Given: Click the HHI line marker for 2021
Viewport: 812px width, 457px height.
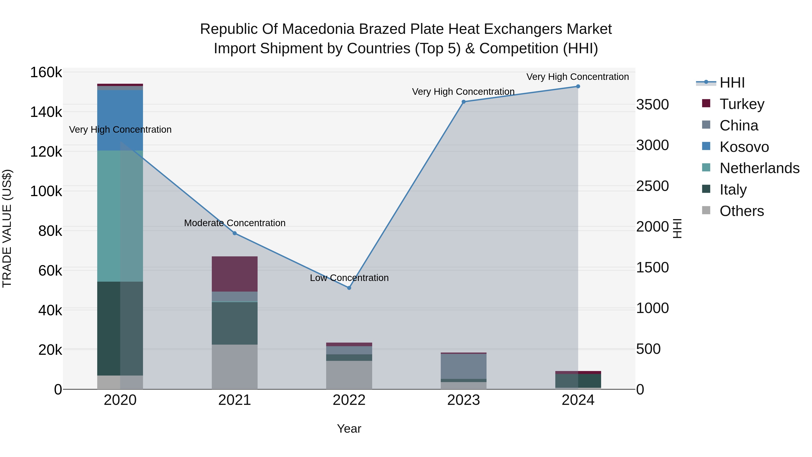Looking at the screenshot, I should [x=235, y=233].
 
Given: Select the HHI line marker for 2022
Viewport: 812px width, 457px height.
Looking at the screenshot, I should [x=349, y=288].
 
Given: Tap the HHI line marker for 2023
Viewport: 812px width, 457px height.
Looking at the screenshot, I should [x=463, y=102].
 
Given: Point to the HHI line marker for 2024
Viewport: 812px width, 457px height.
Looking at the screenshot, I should [x=578, y=86].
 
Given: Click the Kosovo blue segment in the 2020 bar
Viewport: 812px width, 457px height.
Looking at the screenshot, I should [x=120, y=120].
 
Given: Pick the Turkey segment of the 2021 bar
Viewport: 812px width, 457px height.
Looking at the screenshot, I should [x=235, y=274].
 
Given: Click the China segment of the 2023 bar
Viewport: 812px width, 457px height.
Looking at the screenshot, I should [x=463, y=366].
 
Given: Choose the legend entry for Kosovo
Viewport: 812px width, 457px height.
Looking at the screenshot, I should [x=744, y=147].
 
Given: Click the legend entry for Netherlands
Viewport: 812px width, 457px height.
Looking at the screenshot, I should [x=759, y=168].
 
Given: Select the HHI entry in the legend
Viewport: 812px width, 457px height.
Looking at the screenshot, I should [x=732, y=83].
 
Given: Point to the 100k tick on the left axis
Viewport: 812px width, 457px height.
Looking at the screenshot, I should [x=46, y=191].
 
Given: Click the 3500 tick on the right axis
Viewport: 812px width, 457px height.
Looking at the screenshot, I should [x=652, y=104].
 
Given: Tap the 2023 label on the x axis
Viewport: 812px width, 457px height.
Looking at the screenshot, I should [x=463, y=400].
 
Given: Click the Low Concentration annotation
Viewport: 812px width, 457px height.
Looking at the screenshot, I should [x=349, y=278].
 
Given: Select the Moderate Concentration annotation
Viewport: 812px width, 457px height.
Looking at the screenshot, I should [x=235, y=223].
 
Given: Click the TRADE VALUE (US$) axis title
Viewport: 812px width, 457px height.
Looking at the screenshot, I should [x=7, y=228].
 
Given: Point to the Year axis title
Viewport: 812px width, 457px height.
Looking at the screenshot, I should [x=349, y=429].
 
